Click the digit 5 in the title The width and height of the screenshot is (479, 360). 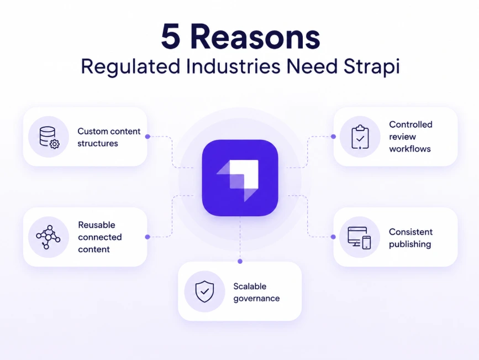tap(171, 36)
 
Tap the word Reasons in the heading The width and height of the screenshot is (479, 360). tap(255, 36)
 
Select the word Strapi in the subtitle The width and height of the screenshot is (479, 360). tap(371, 67)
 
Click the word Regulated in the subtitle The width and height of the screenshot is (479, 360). tap(130, 67)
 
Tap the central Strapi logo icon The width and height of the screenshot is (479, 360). tap(240, 178)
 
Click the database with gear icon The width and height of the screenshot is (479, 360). tap(49, 137)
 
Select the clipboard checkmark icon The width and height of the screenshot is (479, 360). tap(360, 137)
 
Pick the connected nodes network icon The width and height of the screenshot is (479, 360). tap(48, 237)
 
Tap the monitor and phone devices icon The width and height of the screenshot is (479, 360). tap(359, 238)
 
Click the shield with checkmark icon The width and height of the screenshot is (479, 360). tap(204, 291)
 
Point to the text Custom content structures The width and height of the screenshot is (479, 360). tap(109, 137)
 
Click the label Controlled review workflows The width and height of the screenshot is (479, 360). tap(410, 137)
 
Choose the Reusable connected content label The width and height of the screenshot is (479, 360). tap(100, 237)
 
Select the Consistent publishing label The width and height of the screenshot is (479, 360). tap(410, 238)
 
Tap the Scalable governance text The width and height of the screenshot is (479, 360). tap(256, 293)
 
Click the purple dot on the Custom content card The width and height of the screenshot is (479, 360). tap(148, 137)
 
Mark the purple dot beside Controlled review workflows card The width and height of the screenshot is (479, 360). tap(333, 137)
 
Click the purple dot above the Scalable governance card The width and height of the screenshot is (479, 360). tap(240, 261)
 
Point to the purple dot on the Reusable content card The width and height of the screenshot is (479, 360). tap(148, 237)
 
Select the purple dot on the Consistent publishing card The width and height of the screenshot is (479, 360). tap(333, 237)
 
